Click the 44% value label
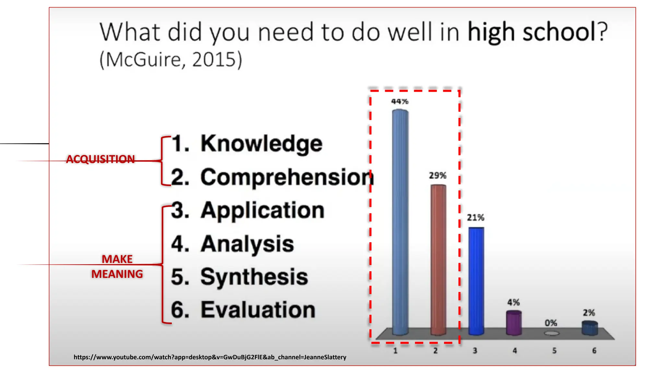[400, 102]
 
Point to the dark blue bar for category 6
[590, 328]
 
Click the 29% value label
[438, 176]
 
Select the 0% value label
[551, 323]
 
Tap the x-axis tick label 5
[554, 351]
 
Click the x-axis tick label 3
[475, 351]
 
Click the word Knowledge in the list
[261, 143]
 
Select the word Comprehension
[287, 177]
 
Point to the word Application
[262, 210]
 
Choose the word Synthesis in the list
[254, 277]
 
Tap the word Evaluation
[258, 310]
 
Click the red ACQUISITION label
[101, 159]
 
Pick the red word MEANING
[117, 274]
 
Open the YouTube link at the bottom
[210, 357]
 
